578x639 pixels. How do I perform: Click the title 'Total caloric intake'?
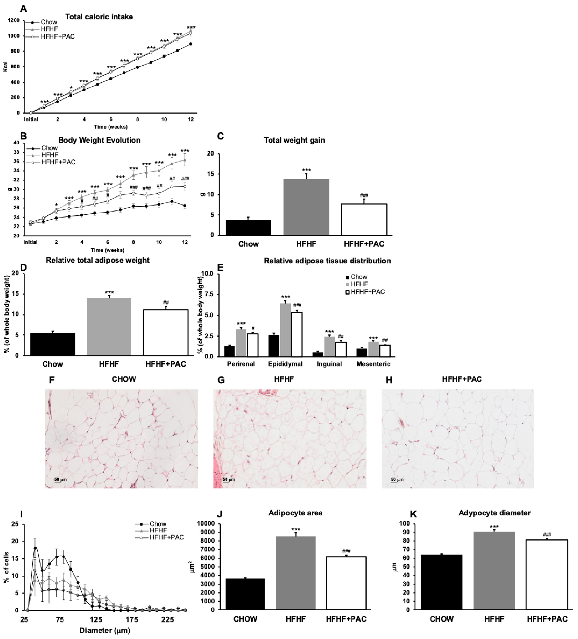99,17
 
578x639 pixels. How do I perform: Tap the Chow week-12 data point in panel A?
191,44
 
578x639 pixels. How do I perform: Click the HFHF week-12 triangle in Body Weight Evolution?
185,160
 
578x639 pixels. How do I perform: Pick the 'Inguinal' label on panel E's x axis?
329,364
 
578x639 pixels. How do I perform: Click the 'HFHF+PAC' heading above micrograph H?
462,379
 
